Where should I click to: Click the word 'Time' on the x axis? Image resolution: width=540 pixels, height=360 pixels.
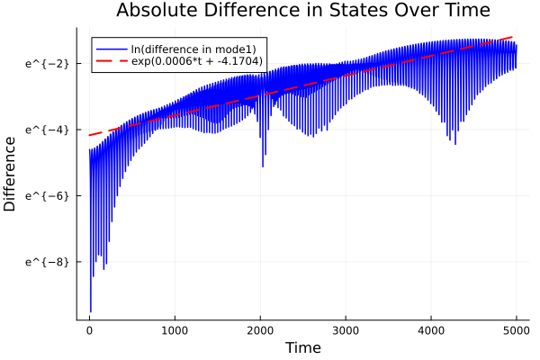(x=302, y=347)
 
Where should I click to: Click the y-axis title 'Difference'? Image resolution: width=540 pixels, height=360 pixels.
(x=10, y=168)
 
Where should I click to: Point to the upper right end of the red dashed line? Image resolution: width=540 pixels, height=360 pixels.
(x=516, y=37)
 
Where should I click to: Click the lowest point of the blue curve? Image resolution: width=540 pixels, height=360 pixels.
(x=90, y=311)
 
